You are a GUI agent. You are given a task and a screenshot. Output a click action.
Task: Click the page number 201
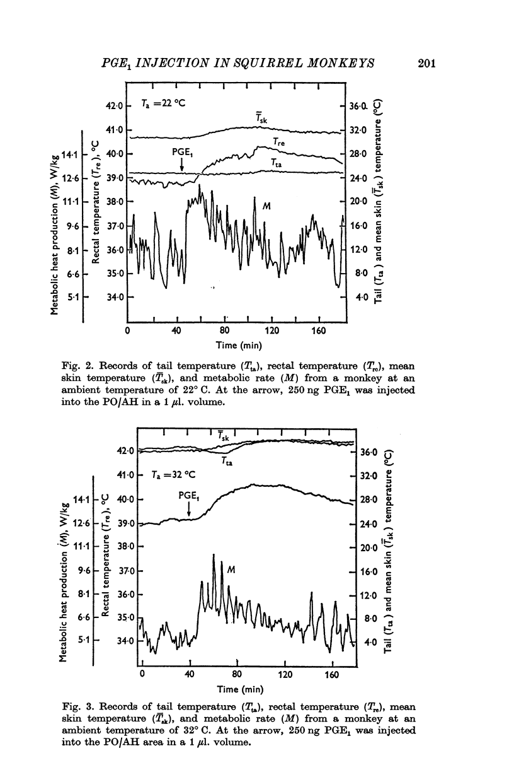click(425, 62)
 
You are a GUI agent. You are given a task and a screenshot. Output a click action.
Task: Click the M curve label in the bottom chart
click(231, 569)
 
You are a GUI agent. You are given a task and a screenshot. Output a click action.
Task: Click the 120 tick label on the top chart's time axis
click(272, 330)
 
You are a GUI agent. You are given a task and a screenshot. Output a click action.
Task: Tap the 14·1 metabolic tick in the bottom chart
click(81, 499)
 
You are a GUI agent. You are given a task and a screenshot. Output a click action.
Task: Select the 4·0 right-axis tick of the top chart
click(360, 297)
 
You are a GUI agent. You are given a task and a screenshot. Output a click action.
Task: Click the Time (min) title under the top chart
click(232, 345)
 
